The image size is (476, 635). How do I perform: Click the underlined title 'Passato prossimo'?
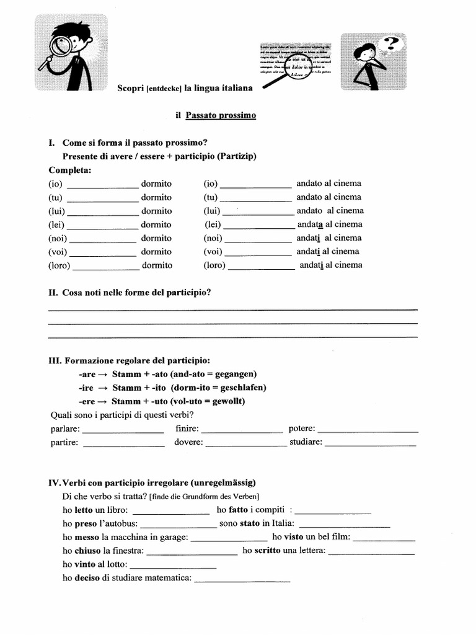click(221, 115)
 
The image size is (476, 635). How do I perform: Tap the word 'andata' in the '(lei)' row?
click(311, 224)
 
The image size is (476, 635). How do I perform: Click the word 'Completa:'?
click(70, 170)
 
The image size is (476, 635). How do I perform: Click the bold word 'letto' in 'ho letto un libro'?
click(83, 510)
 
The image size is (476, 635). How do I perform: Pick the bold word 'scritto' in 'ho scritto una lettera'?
click(267, 550)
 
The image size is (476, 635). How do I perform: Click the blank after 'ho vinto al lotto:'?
click(173, 566)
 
